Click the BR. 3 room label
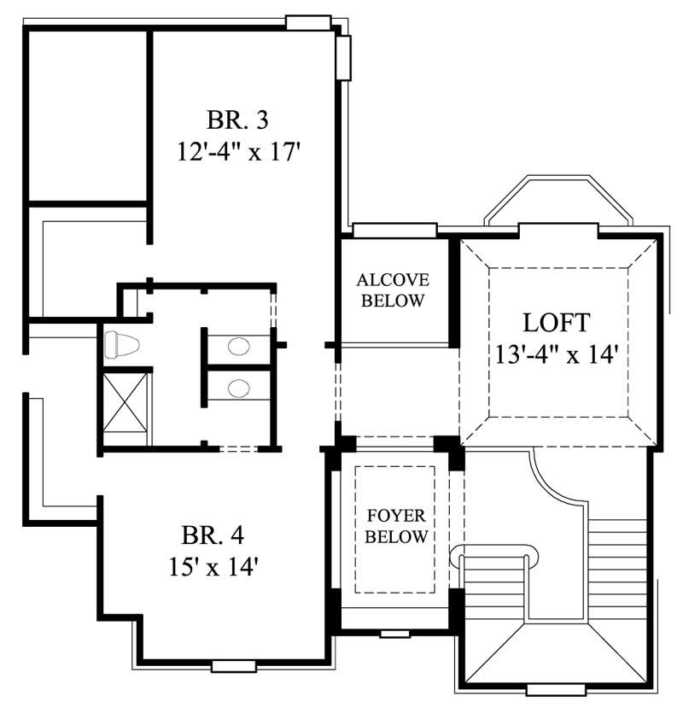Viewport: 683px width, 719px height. coord(239,118)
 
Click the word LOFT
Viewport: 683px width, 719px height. coord(556,323)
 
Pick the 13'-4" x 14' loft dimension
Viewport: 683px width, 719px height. coord(556,354)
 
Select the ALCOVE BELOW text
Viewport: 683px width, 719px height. coord(393,290)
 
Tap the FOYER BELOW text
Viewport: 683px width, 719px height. coord(396,527)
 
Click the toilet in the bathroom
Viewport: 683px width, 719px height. coord(120,346)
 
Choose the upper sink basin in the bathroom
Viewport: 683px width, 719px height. coord(240,347)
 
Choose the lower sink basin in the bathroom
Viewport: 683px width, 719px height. coord(240,388)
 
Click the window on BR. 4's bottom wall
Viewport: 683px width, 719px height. coord(233,665)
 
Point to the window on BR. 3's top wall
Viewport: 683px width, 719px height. coord(307,22)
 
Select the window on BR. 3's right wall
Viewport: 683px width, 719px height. coord(343,57)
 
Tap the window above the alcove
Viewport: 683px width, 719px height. coord(394,230)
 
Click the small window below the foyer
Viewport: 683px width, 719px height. coord(394,634)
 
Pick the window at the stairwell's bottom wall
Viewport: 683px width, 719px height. coord(550,689)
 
